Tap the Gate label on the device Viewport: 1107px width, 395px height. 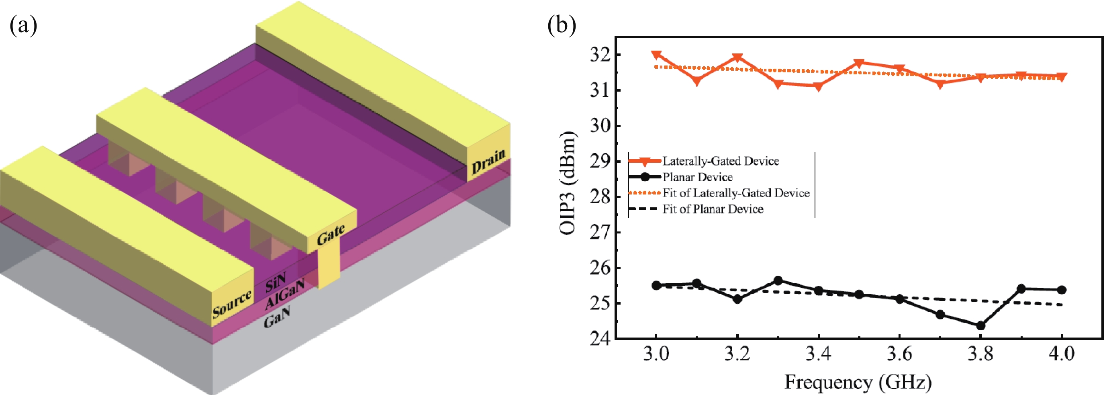331,234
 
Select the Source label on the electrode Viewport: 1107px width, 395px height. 232,303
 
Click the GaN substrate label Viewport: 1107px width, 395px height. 277,316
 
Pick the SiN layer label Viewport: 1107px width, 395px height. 275,282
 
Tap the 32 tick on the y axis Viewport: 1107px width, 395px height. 600,55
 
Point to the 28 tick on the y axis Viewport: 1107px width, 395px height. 600,197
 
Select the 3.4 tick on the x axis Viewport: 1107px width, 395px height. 818,353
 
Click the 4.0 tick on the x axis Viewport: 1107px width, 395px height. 1062,353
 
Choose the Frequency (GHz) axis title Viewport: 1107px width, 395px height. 858,382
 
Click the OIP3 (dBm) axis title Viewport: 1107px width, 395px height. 567,183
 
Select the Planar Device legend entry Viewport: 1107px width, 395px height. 697,177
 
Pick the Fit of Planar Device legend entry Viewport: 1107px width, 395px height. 713,209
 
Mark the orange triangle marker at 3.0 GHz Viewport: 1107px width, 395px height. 656,55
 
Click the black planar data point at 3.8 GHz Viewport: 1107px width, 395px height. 980,326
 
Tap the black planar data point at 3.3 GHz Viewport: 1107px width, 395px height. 778,280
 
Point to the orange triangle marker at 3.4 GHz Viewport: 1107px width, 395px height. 818,86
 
